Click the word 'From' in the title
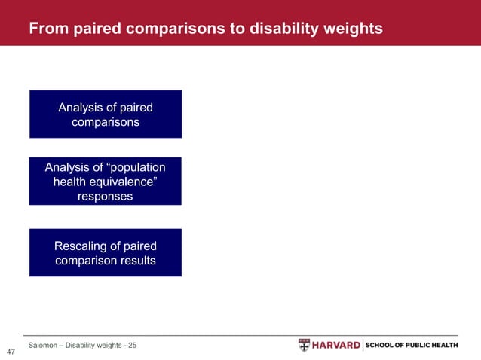pos(46,29)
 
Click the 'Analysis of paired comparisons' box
pos(106,114)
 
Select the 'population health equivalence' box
pos(106,182)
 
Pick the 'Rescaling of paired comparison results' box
pos(106,253)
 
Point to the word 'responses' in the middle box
pos(106,196)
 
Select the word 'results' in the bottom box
pos(136,261)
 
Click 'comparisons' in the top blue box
pos(106,122)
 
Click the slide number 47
pos(11,352)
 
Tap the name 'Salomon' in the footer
pos(44,345)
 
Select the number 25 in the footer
pos(132,345)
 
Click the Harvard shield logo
pos(304,345)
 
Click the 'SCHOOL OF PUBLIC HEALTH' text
pos(412,345)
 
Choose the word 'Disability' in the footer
pos(83,345)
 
